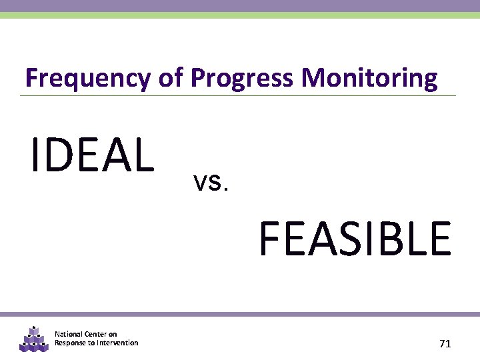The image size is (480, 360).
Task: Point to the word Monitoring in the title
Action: pos(369,79)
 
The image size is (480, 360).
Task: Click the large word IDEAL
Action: pos(92,154)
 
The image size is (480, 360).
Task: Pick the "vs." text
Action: pos(211,181)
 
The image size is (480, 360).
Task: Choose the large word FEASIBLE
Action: pos(355,239)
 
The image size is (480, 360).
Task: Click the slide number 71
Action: pos(445,344)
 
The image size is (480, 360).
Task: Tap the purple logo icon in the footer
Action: pos(33,339)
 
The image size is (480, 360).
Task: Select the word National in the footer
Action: pos(69,334)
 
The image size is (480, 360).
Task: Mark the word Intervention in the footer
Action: pos(118,343)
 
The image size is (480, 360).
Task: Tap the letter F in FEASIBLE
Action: pos(271,239)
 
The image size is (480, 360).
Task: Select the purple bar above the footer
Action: pos(240,314)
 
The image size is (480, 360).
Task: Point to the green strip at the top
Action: pos(240,15)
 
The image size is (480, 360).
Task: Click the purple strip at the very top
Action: pos(240,5)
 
